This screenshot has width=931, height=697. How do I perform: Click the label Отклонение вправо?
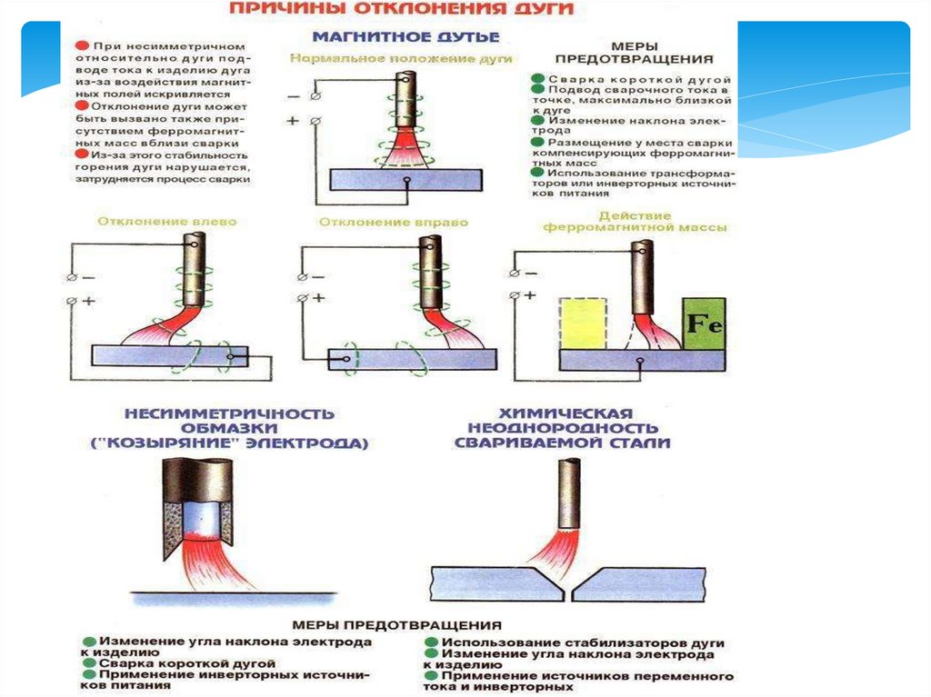[x=394, y=222]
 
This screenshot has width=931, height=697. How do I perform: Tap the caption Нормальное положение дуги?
[x=402, y=58]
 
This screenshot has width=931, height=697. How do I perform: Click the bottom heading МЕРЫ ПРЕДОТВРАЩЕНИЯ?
[x=397, y=625]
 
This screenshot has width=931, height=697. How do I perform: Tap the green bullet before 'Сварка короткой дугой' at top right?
[x=539, y=80]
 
